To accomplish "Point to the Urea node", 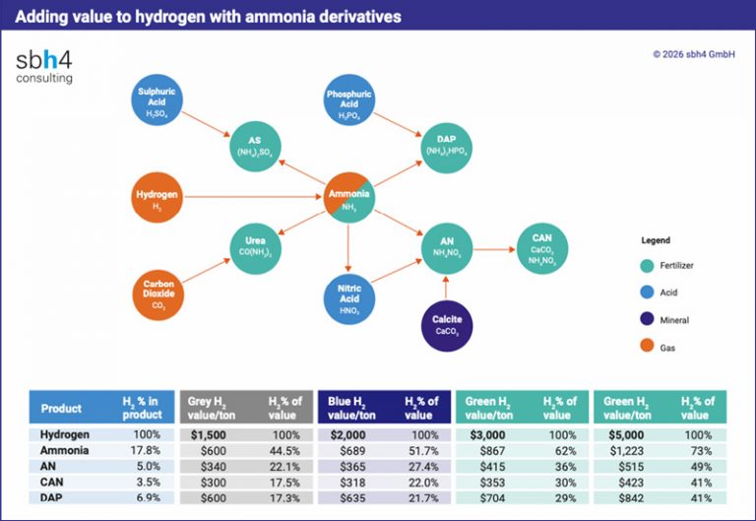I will pyautogui.click(x=254, y=245).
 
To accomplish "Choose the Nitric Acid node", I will pyautogui.click(x=349, y=293).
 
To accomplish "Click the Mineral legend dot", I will pyautogui.click(x=646, y=319).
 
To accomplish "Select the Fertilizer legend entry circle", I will pyautogui.click(x=646, y=265).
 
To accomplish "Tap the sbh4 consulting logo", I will pyautogui.click(x=44, y=66).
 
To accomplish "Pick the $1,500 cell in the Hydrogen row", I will pyautogui.click(x=208, y=434).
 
